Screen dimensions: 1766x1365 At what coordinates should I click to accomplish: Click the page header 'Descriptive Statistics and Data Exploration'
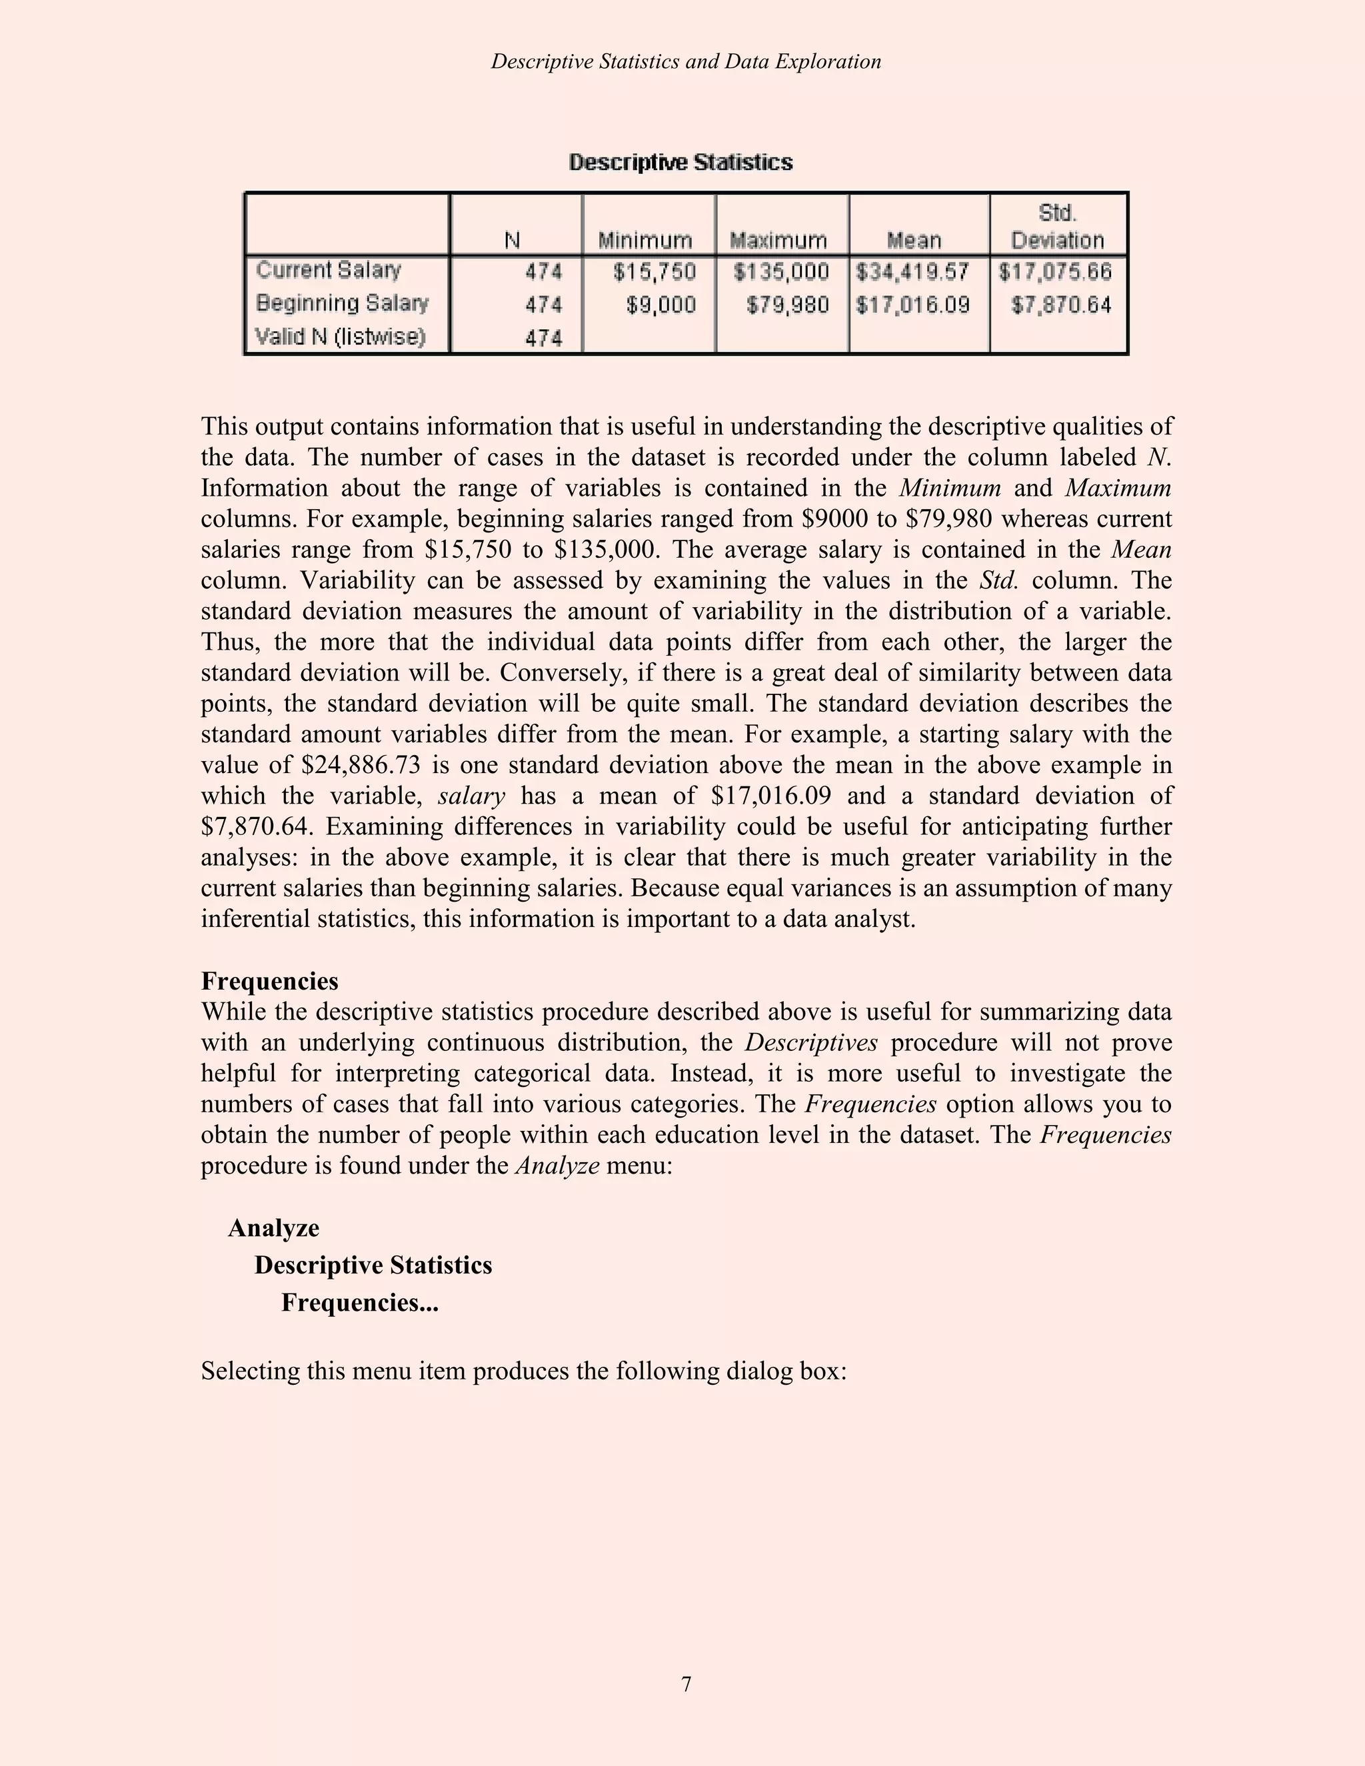coord(686,62)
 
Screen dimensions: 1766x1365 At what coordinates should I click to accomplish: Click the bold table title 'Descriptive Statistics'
coord(681,163)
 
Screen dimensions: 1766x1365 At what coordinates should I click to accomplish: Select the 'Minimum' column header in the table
coord(645,240)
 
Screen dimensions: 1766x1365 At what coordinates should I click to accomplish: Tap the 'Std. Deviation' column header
coord(1058,227)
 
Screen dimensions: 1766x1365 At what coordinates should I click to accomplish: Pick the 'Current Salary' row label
coord(329,270)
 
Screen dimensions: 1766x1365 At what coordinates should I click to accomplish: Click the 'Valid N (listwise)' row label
coord(341,337)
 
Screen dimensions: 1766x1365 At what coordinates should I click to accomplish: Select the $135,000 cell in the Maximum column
coord(781,272)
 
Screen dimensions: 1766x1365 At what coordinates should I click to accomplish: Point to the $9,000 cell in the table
coord(661,305)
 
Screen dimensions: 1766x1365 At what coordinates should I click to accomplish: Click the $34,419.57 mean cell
coord(913,272)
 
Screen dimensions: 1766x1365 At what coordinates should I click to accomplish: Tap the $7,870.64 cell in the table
coord(1062,305)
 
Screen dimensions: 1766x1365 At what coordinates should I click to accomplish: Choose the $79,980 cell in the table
coord(788,305)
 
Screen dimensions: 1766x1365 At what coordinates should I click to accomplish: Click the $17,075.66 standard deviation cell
coord(1055,272)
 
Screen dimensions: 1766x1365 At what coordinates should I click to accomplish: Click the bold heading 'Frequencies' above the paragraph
coord(269,982)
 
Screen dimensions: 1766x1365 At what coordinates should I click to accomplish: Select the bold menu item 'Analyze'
coord(273,1228)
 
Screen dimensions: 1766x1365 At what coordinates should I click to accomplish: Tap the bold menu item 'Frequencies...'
coord(360,1303)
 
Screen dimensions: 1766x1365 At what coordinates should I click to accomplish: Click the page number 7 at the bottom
coord(686,1684)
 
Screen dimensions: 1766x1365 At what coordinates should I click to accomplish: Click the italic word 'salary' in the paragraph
coord(471,796)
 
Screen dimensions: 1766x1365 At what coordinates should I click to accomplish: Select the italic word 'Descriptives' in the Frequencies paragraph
coord(811,1043)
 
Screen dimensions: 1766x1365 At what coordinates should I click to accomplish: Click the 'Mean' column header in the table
coord(914,240)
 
